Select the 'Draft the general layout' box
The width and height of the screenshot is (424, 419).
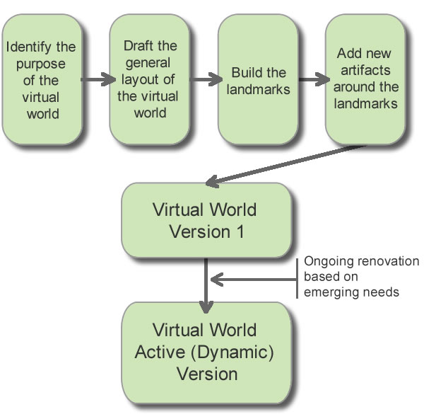pos(149,80)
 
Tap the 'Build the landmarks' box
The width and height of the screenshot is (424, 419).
pos(257,80)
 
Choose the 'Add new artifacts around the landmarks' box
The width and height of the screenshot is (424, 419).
pos(365,80)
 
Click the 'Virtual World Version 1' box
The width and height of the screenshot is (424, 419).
pos(205,221)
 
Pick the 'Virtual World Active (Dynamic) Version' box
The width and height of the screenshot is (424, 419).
pos(205,352)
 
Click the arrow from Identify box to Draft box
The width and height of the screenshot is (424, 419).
pos(95,79)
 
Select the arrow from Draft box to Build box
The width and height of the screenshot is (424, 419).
pos(204,79)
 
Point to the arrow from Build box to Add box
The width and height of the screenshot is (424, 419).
pos(311,79)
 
